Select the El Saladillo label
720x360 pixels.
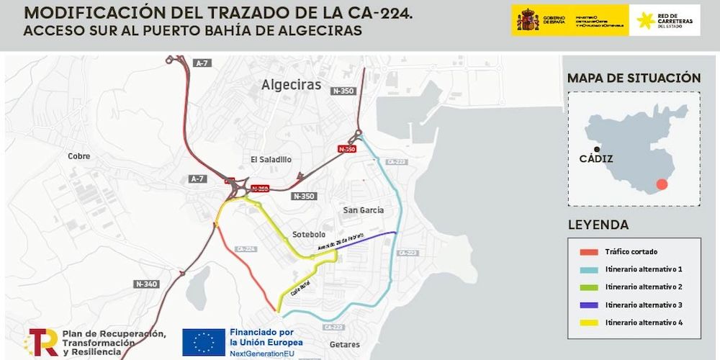click(271, 160)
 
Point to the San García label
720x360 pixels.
click(363, 210)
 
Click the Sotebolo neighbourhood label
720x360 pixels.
click(309, 235)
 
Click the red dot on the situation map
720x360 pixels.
click(662, 184)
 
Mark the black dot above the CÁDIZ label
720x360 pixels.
click(597, 149)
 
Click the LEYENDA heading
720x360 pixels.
click(598, 225)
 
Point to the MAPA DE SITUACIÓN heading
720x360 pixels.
click(634, 78)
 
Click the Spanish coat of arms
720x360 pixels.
click(527, 20)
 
